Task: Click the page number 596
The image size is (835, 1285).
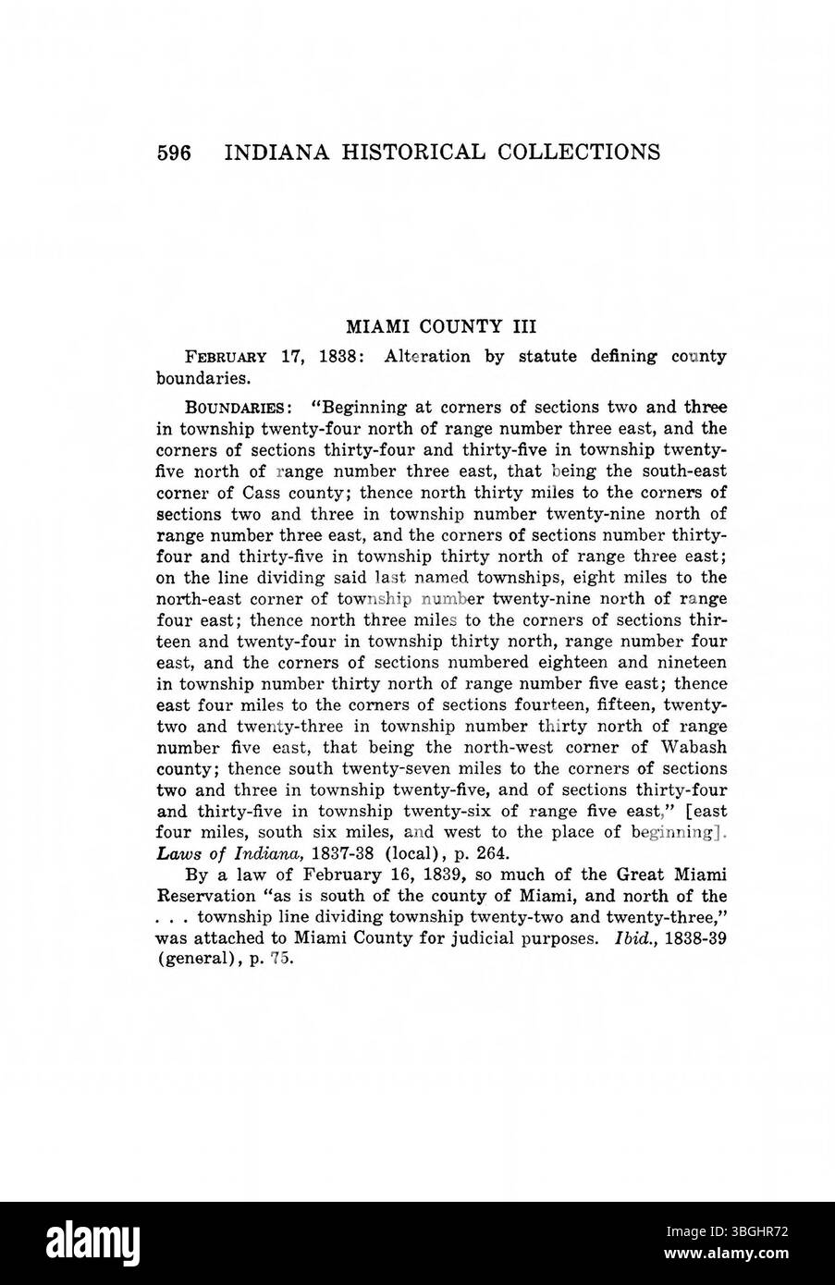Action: tap(173, 152)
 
